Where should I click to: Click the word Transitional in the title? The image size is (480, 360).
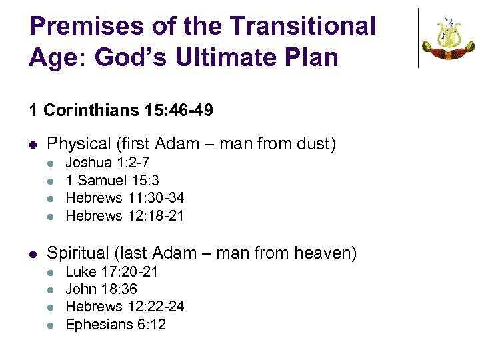point(303,26)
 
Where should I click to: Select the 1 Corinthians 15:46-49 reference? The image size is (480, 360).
point(121,110)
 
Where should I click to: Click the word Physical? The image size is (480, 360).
point(79,143)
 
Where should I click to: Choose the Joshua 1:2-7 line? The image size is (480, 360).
point(107,162)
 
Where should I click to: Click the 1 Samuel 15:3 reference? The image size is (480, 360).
point(112,180)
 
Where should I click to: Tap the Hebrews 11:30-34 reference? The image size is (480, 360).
point(125,198)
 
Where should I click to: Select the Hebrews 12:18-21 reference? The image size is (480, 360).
point(125,216)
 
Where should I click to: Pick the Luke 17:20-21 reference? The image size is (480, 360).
point(111,271)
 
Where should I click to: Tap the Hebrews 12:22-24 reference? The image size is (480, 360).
point(125,307)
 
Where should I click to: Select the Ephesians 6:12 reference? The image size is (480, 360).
point(116,325)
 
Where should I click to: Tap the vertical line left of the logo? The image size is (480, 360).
point(419,38)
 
